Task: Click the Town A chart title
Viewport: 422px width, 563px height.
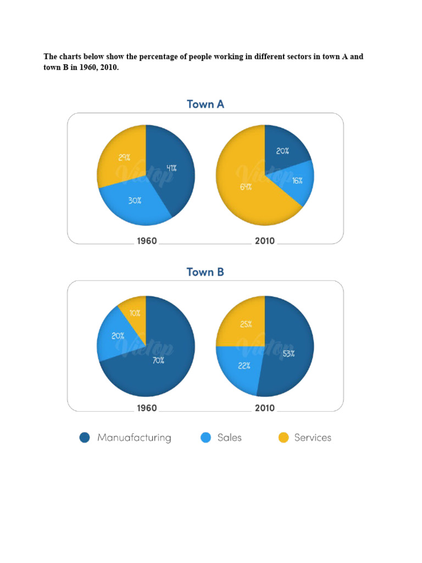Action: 206,104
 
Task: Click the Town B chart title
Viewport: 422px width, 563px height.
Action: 206,272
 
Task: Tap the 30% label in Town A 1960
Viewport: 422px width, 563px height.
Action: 135,201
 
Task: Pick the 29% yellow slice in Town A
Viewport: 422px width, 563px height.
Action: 124,157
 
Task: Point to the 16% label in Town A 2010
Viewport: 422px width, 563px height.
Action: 297,180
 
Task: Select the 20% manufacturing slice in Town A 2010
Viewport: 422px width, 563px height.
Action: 282,150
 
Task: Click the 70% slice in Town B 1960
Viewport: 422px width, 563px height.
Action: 158,361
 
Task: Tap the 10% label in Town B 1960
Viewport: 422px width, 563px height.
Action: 135,313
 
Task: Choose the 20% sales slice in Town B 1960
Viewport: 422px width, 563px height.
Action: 118,335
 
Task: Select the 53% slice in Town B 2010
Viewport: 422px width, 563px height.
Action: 289,354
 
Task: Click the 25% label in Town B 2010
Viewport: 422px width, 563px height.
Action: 246,324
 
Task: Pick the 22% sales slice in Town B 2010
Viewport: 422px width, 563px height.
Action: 245,366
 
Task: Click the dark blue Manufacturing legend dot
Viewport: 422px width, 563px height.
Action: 85,438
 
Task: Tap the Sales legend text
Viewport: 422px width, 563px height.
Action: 229,438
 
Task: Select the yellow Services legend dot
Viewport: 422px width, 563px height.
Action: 283,438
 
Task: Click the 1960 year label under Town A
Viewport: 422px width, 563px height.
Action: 147,241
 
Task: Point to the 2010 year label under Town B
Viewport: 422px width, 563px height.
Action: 265,409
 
